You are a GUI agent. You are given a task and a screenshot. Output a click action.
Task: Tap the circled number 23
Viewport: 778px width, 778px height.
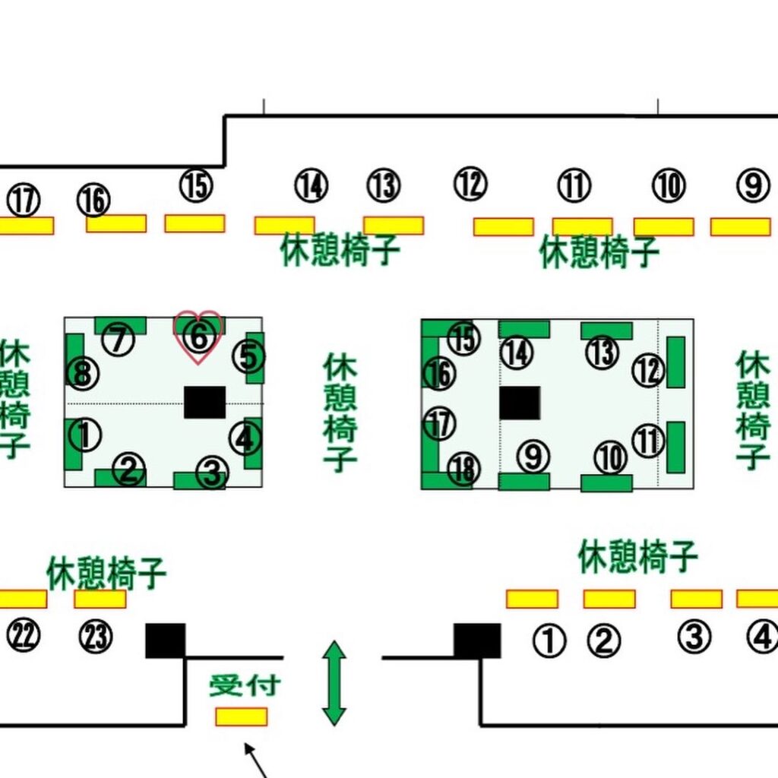point(96,637)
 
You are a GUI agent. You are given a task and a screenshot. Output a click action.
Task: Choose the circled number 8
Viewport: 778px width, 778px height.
point(82,374)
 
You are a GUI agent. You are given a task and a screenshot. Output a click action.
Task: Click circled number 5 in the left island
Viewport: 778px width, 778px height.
point(248,356)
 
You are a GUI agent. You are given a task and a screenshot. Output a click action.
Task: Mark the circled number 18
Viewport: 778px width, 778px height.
point(463,470)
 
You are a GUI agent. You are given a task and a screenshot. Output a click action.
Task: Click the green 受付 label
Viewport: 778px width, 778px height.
point(245,685)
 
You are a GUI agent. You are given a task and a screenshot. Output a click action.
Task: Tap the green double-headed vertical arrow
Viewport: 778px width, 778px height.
point(334,683)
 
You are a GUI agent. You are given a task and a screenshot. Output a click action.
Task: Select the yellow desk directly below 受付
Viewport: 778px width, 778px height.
point(241,716)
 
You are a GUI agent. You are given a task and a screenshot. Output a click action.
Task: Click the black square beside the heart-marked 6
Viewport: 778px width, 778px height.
point(204,402)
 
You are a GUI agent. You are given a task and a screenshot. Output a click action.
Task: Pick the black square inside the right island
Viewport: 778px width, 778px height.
point(520,402)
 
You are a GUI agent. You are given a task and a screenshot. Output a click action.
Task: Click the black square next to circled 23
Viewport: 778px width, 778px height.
point(166,640)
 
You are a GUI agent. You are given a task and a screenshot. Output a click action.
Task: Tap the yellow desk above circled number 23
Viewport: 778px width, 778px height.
point(100,599)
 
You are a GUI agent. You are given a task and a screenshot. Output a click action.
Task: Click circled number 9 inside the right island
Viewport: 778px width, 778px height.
point(533,456)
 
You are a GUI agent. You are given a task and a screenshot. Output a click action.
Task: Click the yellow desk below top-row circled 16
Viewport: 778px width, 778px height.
point(116,223)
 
